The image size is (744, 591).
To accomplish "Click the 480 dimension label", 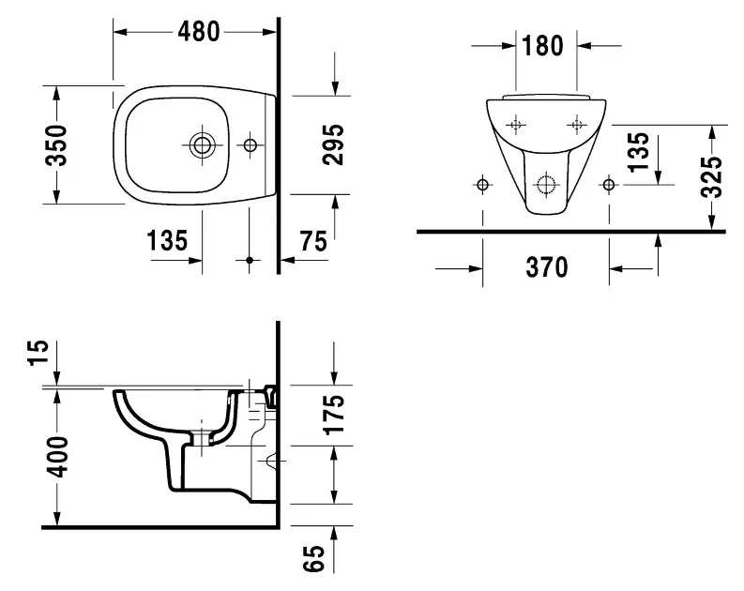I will tap(198, 31).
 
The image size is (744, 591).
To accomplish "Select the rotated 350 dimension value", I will tap(57, 144).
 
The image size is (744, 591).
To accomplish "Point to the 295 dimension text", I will tap(334, 144).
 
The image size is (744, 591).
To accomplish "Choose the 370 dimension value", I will tap(546, 268).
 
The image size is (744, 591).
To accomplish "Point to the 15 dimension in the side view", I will tap(37, 354).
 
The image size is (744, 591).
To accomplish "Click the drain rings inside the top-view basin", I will tap(202, 144).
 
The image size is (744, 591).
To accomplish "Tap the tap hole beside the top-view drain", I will tap(250, 144).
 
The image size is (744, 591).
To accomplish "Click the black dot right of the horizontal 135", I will tap(250, 259).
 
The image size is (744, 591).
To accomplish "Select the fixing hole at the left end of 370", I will tap(483, 184).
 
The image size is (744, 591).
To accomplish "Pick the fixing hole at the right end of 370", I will tap(610, 184).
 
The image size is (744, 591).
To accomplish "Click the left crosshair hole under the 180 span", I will tap(515, 124).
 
